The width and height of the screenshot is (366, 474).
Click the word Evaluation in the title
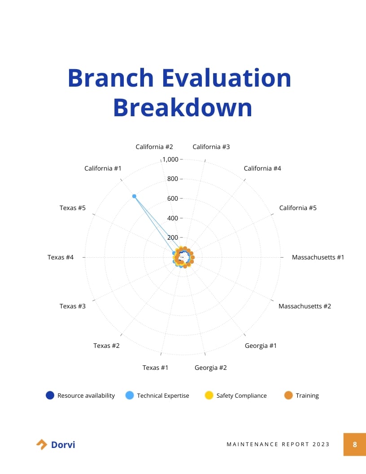[x=227, y=78]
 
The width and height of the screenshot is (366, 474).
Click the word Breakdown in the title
[x=183, y=108]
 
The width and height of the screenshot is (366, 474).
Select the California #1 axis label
[x=103, y=168]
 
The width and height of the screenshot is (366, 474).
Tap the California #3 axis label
[x=211, y=147]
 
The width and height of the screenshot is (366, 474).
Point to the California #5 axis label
[x=297, y=208]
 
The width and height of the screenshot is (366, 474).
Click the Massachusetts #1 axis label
[x=318, y=257]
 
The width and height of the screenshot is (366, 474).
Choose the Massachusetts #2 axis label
[x=305, y=306]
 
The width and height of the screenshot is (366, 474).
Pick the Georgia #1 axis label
[x=261, y=346]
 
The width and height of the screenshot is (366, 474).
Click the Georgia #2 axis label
[x=210, y=368]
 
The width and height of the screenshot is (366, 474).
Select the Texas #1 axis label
[x=155, y=368]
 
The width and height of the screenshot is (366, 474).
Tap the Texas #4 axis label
[x=60, y=257]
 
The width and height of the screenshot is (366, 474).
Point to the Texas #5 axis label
[x=72, y=208]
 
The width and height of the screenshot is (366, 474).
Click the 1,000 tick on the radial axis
[x=170, y=159]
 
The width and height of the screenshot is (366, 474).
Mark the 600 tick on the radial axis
[x=173, y=198]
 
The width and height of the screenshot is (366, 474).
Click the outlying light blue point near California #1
[x=134, y=196]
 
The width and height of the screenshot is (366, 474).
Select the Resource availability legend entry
[x=81, y=395]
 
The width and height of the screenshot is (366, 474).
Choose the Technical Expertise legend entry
[x=157, y=395]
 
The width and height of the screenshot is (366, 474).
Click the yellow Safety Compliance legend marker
[x=209, y=395]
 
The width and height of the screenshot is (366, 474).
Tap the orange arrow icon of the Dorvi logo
[x=41, y=444]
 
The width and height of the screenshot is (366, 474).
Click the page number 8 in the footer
[x=355, y=444]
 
